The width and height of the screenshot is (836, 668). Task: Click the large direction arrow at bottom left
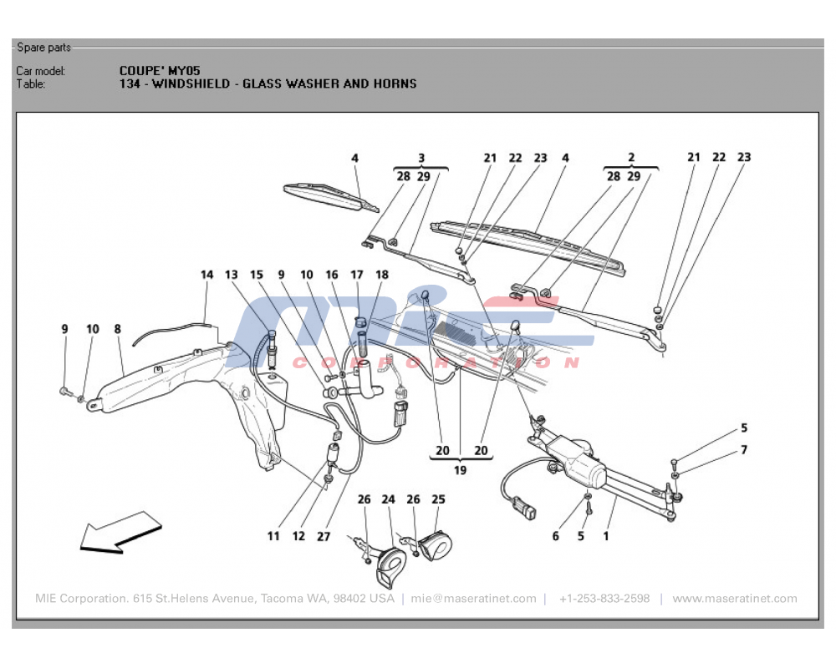119,533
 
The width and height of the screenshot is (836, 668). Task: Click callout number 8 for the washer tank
118,329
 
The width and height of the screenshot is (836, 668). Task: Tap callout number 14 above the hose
207,275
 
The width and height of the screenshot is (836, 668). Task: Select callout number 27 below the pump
324,536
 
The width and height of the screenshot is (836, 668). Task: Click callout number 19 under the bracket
460,470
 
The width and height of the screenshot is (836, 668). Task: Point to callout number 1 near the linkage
606,536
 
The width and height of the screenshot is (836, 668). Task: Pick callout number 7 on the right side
743,450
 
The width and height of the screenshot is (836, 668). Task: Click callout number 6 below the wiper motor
555,536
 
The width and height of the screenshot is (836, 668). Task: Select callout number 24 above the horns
388,500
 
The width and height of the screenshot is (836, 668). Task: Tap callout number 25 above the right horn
438,500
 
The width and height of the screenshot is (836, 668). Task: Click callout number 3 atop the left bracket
421,157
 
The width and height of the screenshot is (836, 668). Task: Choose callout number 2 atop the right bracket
631,157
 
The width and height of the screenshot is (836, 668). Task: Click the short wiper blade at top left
330,195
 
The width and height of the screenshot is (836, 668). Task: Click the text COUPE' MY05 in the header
159,71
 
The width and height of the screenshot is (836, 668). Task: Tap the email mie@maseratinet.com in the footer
473,599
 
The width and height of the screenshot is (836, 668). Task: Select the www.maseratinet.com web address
734,599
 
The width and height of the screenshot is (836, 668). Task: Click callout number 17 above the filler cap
357,275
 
